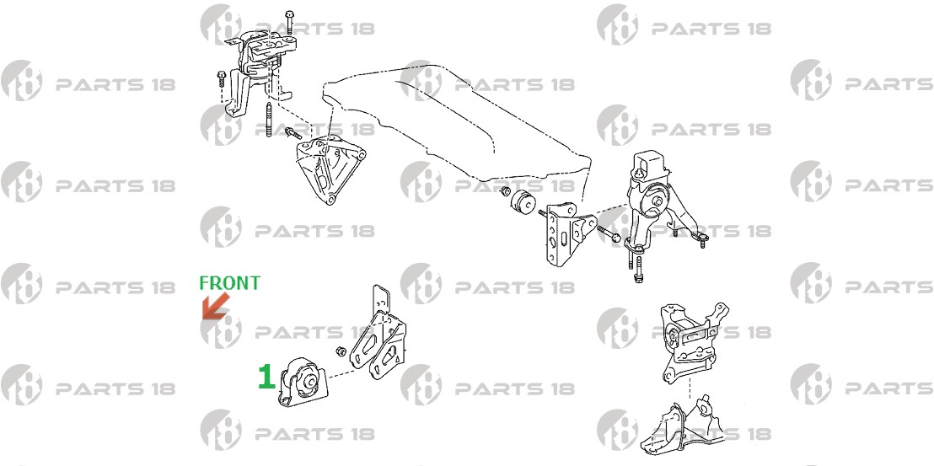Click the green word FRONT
pos(229,283)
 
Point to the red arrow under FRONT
pos(215,306)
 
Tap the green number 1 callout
pos(266,377)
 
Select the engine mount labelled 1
pos(303,383)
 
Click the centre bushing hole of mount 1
pos(309,382)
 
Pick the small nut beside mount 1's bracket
pos(342,351)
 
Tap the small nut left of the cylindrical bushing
pos(505,192)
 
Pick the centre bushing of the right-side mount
pos(657,200)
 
